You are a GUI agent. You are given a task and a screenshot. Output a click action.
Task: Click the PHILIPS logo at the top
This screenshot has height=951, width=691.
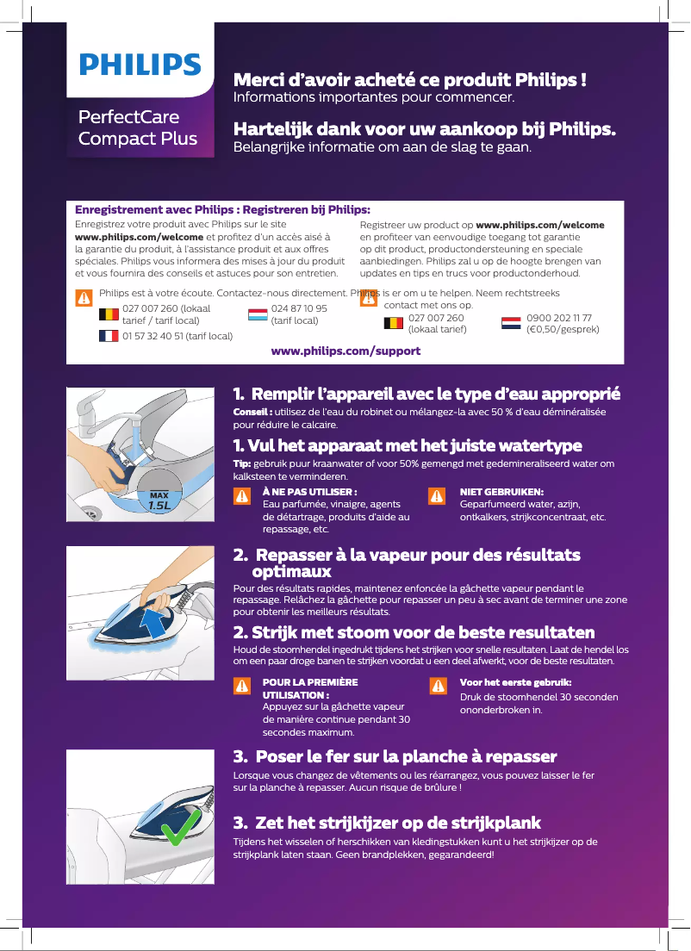point(140,65)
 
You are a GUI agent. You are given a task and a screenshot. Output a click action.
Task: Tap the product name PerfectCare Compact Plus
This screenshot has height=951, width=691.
point(137,127)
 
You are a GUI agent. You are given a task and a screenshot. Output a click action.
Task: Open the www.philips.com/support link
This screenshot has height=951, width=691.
point(345,351)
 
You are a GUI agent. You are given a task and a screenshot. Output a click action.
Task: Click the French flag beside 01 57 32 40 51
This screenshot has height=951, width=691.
point(109,335)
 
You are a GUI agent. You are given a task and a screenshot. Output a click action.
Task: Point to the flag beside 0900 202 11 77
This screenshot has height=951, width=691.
point(511,324)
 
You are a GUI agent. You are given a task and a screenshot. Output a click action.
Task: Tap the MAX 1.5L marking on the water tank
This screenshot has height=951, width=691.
point(158,501)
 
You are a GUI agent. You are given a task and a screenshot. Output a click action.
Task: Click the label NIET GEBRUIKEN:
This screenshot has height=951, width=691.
point(501,492)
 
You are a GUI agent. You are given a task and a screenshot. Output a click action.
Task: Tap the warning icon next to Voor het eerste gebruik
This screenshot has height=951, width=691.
point(438,685)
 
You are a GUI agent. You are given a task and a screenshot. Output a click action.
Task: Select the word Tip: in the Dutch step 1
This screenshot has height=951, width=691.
point(243,463)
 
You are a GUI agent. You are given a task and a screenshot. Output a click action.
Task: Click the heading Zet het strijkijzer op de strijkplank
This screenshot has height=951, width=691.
point(387,823)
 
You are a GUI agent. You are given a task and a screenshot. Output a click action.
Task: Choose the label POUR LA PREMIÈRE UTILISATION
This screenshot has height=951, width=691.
point(309,687)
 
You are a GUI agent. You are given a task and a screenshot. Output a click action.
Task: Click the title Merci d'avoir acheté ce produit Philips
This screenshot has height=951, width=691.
point(410,81)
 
